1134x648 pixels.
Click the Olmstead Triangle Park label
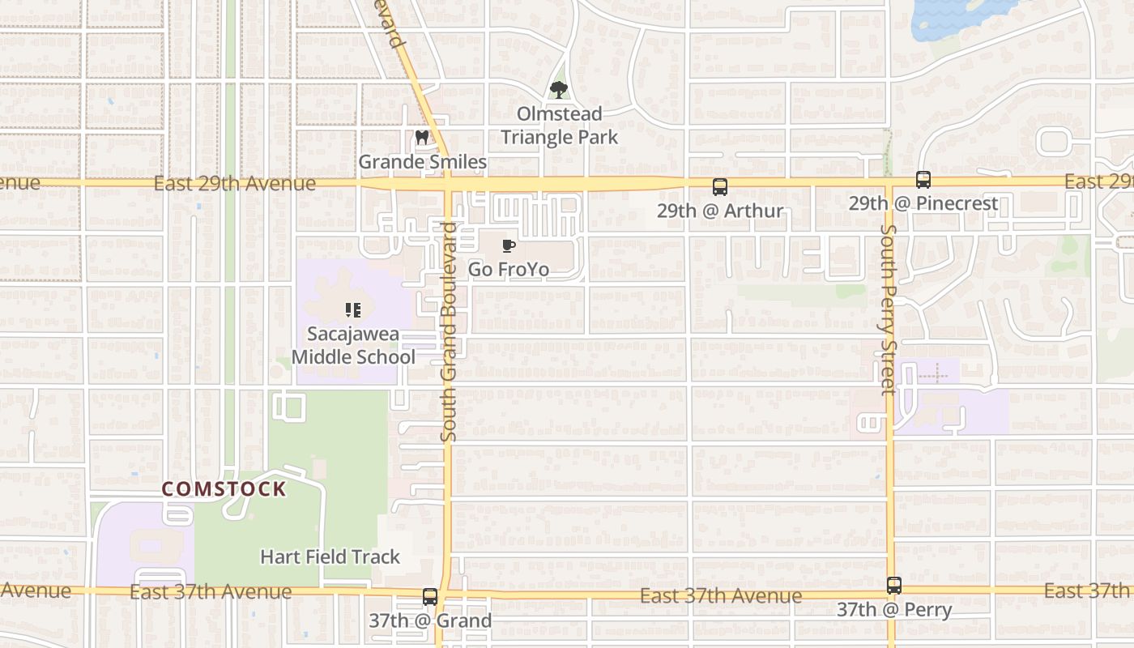(x=559, y=126)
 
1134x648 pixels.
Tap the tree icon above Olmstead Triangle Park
(x=558, y=90)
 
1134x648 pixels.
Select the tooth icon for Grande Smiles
(x=422, y=138)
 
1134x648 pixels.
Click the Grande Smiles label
(x=423, y=162)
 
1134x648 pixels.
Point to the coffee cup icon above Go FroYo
(x=509, y=245)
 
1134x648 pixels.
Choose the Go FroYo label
(x=509, y=269)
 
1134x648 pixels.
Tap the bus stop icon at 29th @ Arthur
(x=719, y=187)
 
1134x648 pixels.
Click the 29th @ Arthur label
(x=720, y=211)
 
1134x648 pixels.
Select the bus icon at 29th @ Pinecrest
(x=923, y=180)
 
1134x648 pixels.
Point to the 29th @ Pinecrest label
(x=923, y=203)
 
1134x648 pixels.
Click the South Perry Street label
(x=889, y=309)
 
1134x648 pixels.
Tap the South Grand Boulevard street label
(x=450, y=332)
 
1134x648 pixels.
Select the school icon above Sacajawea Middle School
(x=353, y=309)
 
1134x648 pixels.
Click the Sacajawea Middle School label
(x=353, y=345)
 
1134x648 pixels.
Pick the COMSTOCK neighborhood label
(x=224, y=489)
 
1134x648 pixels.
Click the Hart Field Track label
(x=330, y=556)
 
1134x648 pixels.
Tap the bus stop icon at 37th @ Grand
(x=430, y=597)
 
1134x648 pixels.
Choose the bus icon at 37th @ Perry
(x=894, y=586)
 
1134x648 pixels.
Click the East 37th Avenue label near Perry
(x=721, y=596)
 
